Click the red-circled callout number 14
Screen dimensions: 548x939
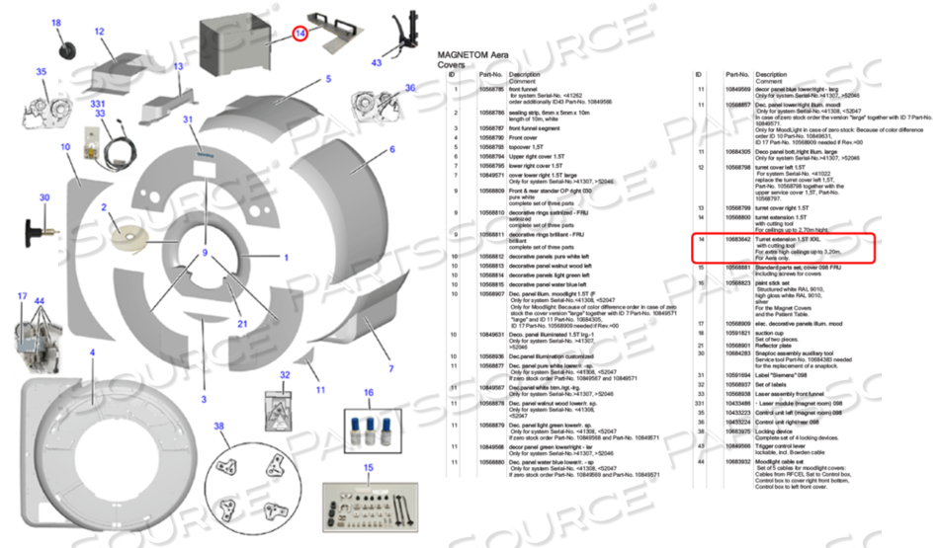point(300,34)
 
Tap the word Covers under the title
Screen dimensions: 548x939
point(452,65)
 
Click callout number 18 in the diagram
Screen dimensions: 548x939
point(55,23)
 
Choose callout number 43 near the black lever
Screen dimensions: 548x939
point(377,62)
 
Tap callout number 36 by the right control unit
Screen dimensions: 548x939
point(410,88)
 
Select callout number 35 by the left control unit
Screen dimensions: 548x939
point(42,71)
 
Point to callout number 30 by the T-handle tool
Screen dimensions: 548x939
point(43,197)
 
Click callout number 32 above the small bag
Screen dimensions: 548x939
point(285,375)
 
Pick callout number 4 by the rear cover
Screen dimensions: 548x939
point(92,352)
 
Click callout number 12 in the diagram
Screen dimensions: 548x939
point(100,32)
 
